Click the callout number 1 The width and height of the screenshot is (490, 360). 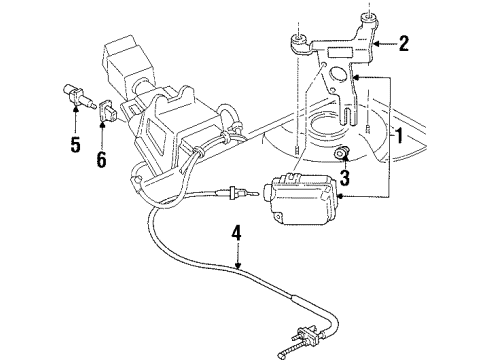pyautogui.click(x=401, y=136)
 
